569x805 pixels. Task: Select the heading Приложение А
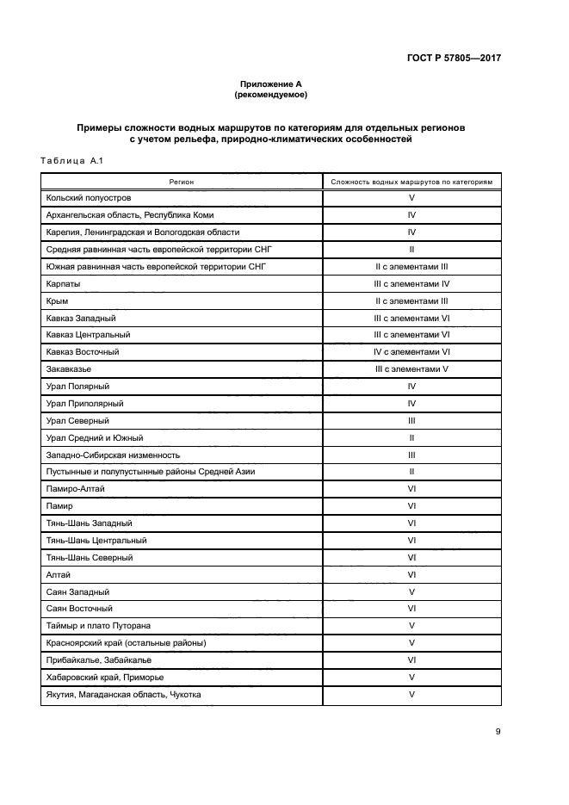[271, 84]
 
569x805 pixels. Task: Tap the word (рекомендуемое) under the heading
[271, 94]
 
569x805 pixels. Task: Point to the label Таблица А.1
[72, 160]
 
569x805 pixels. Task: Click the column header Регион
[182, 182]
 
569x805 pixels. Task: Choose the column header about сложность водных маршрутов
[411, 182]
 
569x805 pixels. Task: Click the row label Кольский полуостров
[89, 198]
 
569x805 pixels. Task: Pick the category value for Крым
[411, 300]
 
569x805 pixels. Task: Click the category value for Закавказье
[411, 368]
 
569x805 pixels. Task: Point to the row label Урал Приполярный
[84, 403]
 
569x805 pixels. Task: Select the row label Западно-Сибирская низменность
[113, 455]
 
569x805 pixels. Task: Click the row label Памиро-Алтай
[77, 488]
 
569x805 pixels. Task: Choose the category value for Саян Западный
[411, 591]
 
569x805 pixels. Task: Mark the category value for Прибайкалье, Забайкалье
[411, 659]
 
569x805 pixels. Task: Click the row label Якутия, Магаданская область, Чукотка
[123, 694]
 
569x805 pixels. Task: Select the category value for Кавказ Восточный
[411, 352]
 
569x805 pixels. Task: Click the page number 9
[498, 732]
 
